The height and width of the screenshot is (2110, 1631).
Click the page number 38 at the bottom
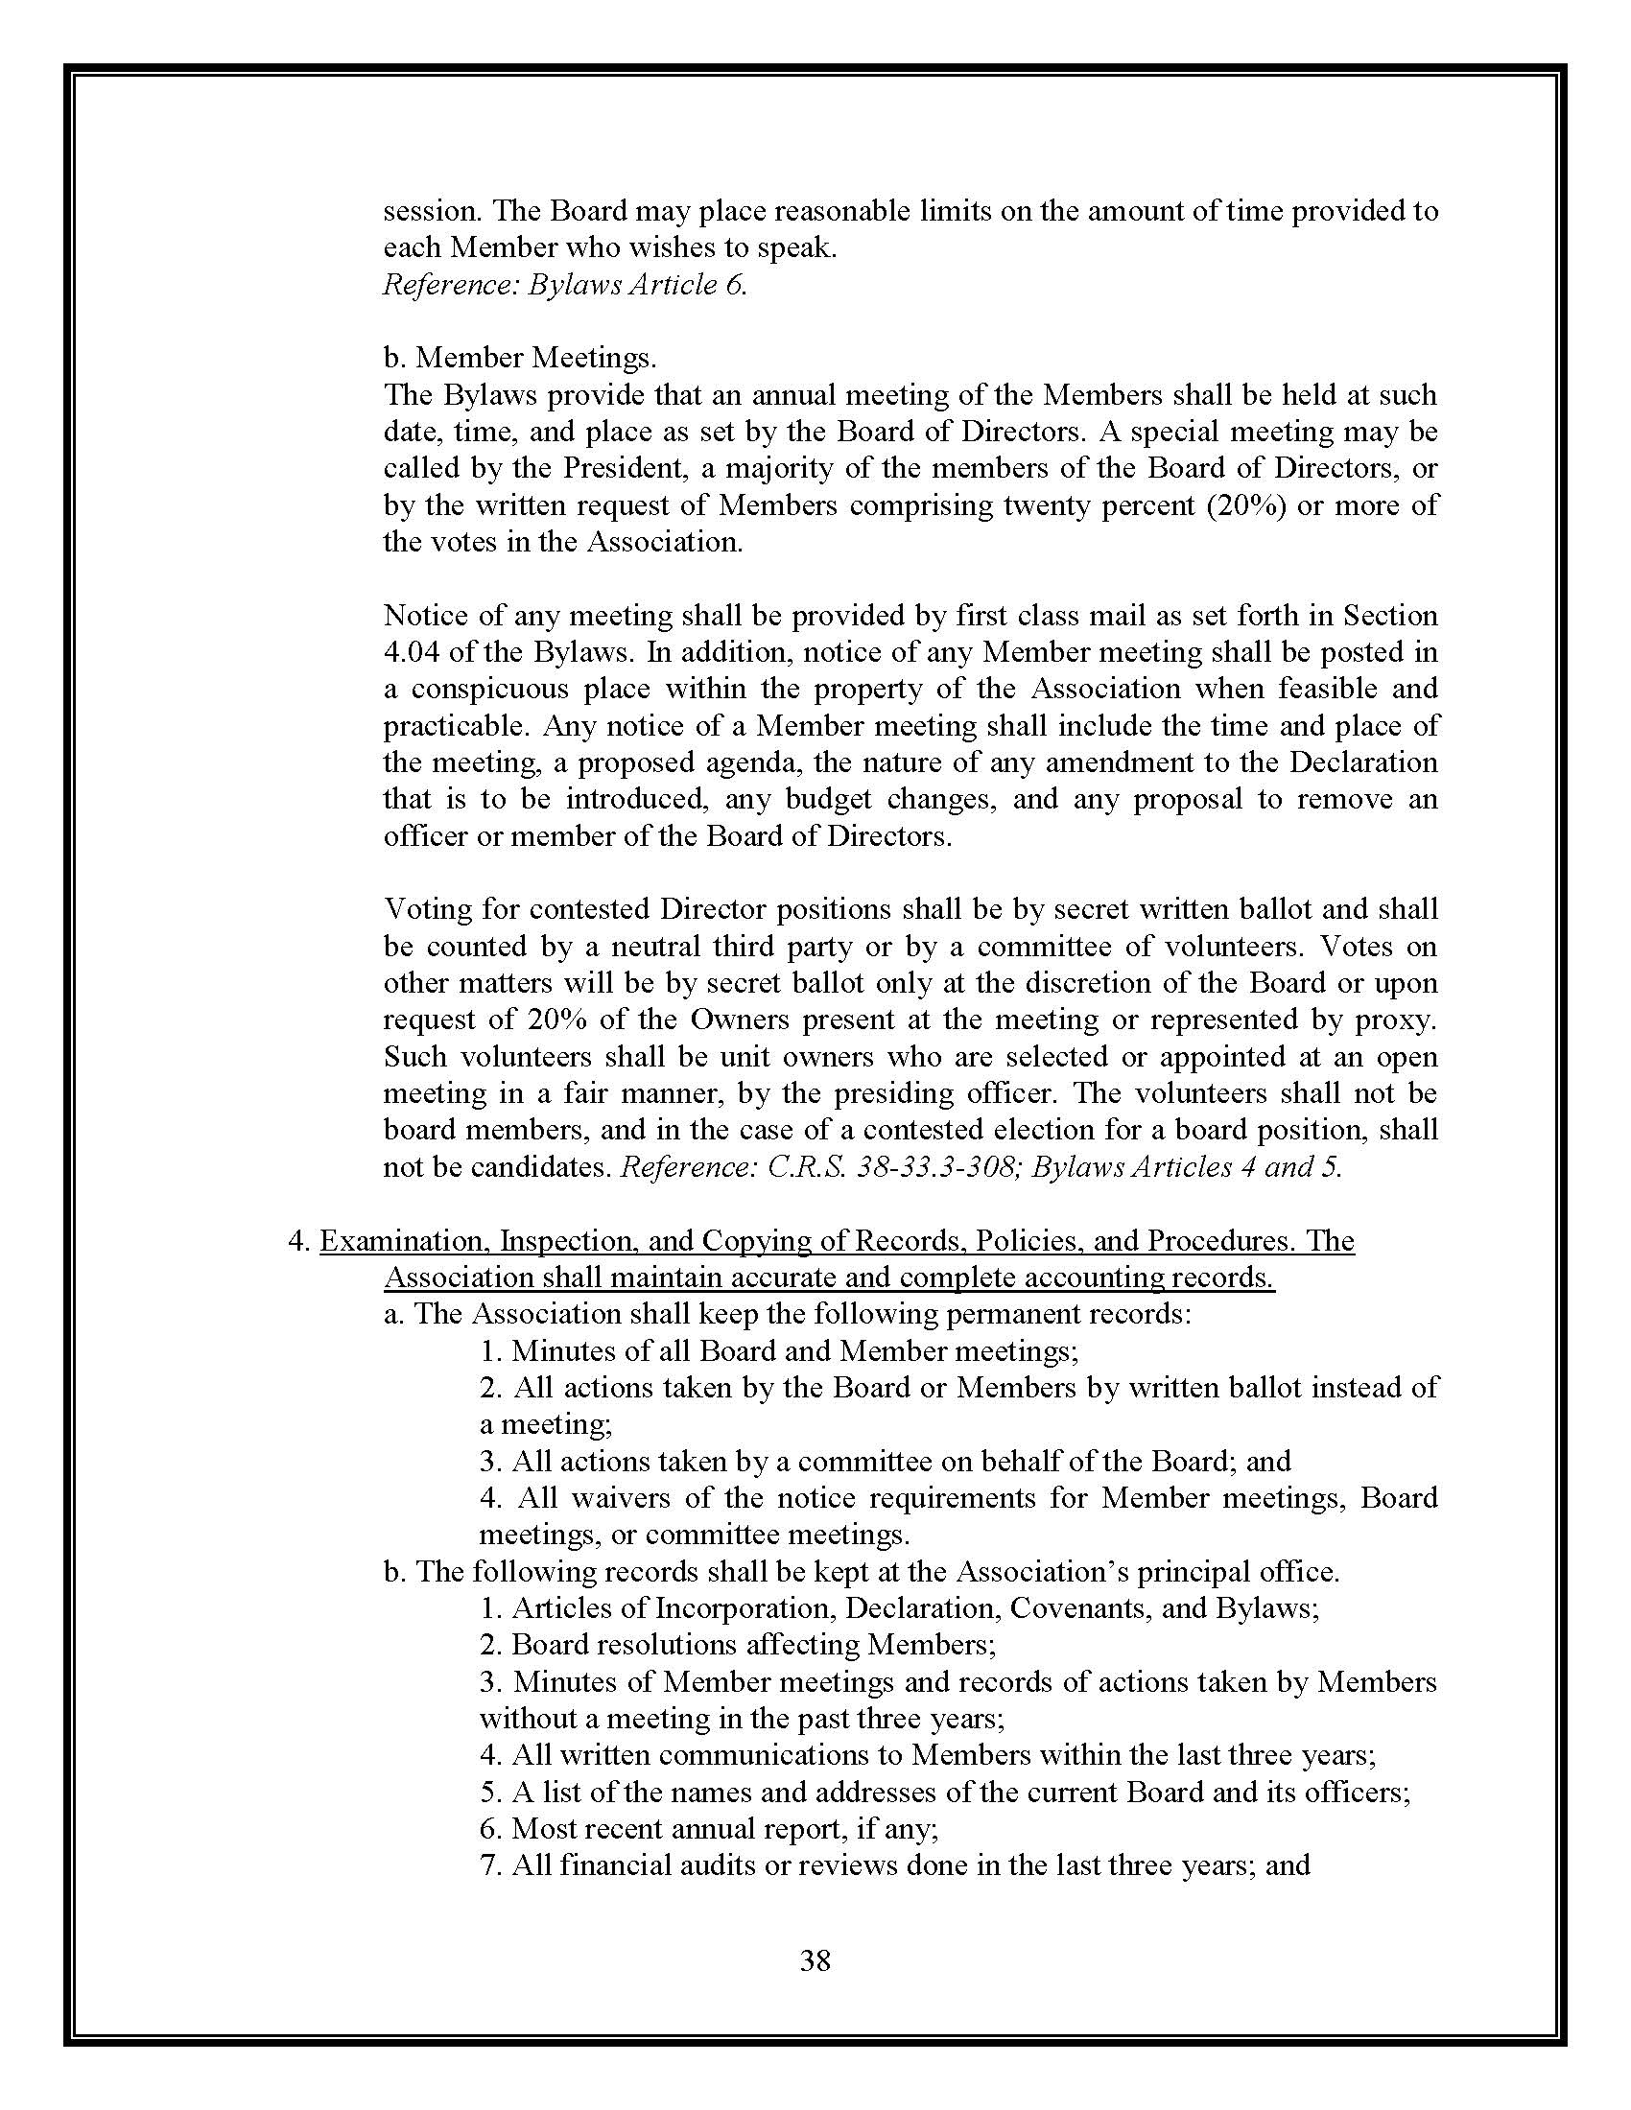coord(815,1960)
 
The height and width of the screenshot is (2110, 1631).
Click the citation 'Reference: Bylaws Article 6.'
coord(565,285)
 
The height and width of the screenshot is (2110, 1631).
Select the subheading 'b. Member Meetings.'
coord(520,358)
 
